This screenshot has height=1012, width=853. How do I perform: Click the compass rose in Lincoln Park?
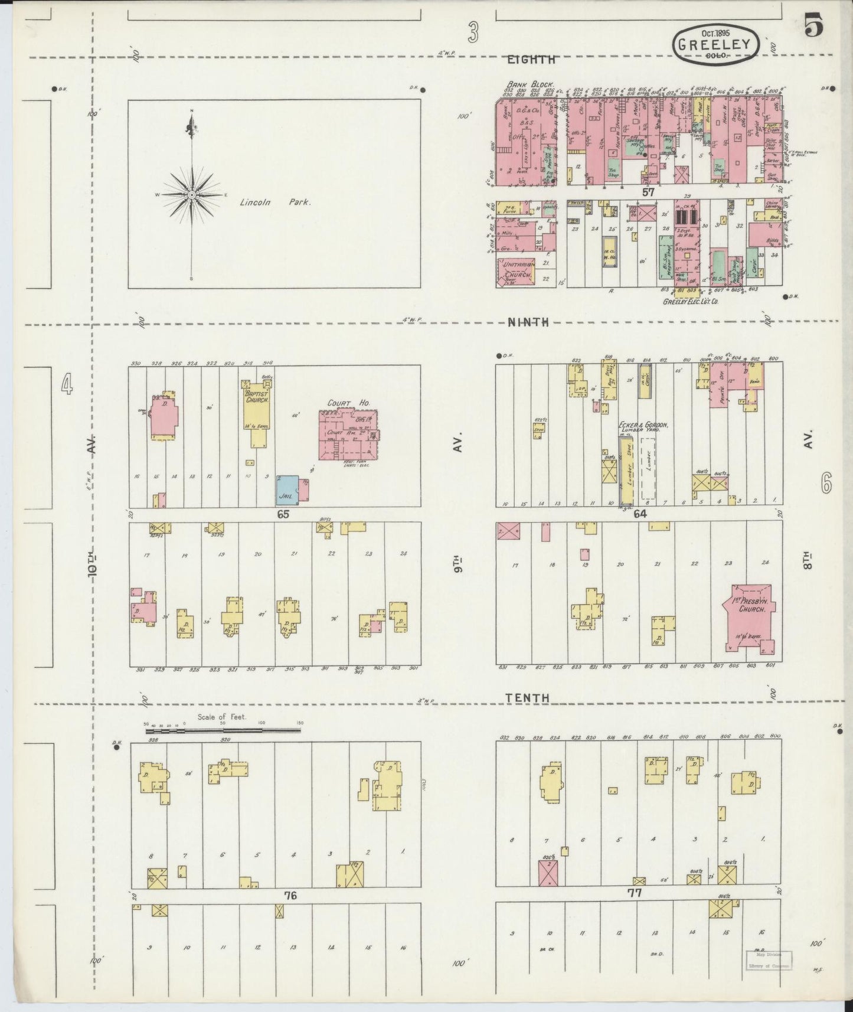tap(192, 194)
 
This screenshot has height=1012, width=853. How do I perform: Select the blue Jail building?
tap(287, 490)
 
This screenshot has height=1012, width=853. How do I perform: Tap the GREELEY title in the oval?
tap(715, 44)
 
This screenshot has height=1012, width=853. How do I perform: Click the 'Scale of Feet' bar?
tap(224, 730)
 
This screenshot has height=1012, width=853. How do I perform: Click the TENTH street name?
tap(527, 698)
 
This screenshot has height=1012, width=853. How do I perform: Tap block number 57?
tap(649, 192)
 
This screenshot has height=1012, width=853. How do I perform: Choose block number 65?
tap(283, 514)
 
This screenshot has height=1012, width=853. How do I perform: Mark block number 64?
tap(640, 514)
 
